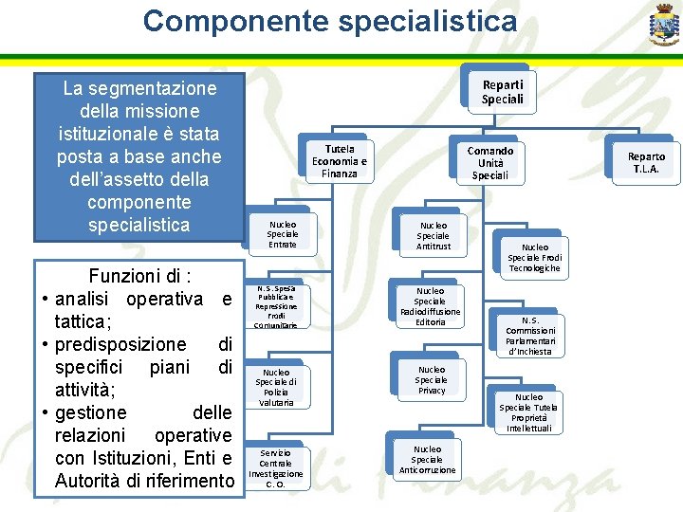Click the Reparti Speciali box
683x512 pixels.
pos(502,93)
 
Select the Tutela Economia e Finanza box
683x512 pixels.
pos(339,162)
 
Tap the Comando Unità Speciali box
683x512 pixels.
pos(490,163)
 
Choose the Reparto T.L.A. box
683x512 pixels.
pos(646,163)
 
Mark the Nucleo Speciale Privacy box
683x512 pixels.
pos(431,379)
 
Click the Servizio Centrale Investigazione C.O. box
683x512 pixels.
pos(275,468)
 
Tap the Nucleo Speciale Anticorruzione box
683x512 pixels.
pos(427,459)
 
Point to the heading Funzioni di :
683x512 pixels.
pos(139,277)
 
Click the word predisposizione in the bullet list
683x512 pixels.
pos(120,344)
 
